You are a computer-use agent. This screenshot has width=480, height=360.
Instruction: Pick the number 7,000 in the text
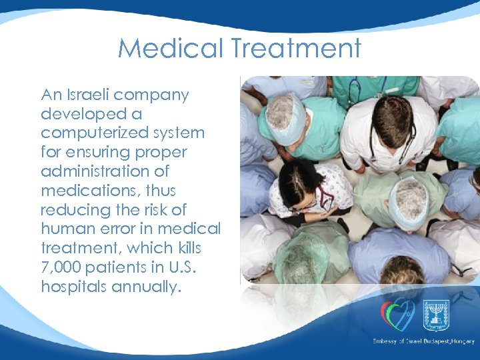61,267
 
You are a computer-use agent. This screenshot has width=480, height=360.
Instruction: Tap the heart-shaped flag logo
397,313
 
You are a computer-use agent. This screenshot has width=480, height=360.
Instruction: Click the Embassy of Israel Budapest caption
424,341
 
